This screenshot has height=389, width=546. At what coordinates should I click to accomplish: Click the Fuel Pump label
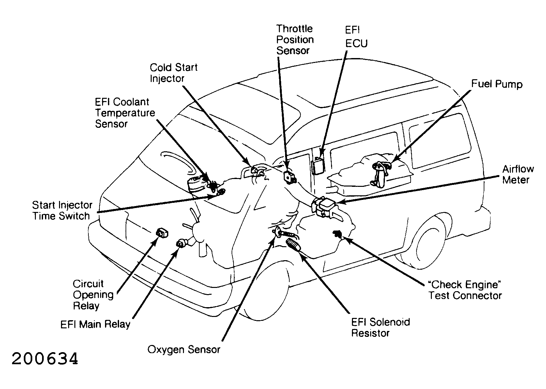click(497, 84)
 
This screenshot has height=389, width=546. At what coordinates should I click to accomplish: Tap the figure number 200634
click(45, 359)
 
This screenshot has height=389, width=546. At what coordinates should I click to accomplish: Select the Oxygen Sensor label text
click(184, 350)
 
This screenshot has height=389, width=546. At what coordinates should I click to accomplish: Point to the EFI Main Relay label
click(95, 324)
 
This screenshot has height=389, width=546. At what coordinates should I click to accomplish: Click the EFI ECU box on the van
click(318, 166)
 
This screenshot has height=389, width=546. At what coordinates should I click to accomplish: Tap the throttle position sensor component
click(290, 176)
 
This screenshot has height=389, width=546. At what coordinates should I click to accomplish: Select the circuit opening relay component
click(162, 233)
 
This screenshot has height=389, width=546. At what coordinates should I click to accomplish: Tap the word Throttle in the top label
click(294, 29)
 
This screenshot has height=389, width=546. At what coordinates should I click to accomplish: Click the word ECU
click(356, 43)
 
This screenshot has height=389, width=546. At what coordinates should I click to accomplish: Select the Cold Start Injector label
click(173, 73)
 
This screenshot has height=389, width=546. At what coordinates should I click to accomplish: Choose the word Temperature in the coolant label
click(125, 113)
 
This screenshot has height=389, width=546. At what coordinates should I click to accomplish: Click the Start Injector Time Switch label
click(62, 211)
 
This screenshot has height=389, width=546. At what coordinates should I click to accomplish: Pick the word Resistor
click(370, 333)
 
